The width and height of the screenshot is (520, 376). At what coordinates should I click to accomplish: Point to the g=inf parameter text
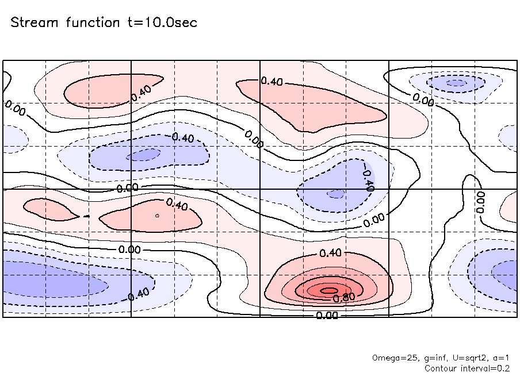tap(433, 358)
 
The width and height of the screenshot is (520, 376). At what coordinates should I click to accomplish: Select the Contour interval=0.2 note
tap(467, 368)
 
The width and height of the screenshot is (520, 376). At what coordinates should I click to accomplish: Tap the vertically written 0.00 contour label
tap(481, 202)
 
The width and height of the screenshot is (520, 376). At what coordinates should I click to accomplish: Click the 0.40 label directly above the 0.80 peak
tap(330, 253)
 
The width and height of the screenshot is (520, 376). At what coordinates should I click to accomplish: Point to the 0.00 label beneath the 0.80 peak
tap(327, 315)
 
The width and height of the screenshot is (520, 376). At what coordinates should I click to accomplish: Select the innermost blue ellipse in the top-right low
tap(457, 83)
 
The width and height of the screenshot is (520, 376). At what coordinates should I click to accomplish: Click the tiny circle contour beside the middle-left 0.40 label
tap(157, 216)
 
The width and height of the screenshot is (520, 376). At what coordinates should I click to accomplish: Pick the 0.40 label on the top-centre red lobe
tap(272, 81)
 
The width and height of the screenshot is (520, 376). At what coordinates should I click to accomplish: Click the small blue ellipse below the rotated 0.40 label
tap(334, 194)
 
